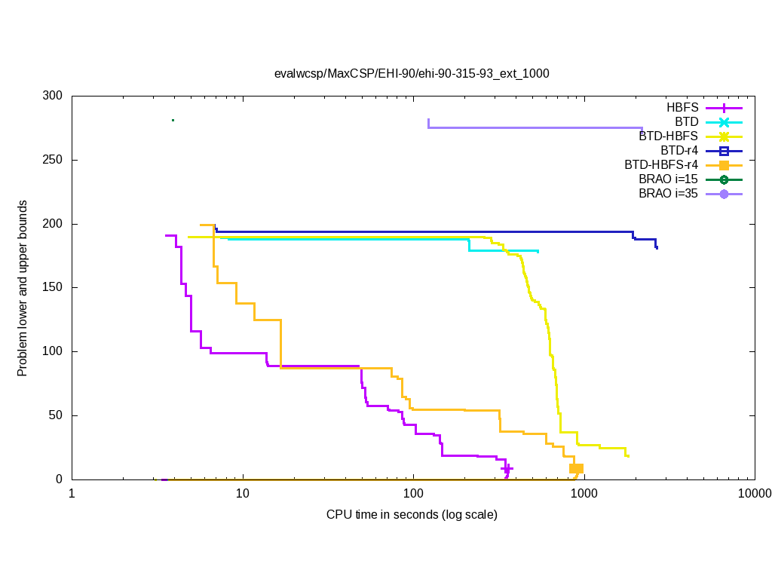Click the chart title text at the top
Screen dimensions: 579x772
click(412, 74)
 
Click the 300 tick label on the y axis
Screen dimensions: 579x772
click(53, 96)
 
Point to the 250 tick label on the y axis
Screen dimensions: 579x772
click(53, 161)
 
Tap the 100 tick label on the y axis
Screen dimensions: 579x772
click(53, 351)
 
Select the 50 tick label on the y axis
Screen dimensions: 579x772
click(56, 415)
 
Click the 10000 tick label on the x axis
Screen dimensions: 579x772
click(754, 494)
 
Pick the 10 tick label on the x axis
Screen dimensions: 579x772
click(242, 494)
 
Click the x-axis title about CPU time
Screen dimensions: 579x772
click(412, 515)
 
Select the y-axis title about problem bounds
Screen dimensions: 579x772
click(23, 288)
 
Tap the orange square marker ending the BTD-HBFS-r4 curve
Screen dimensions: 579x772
click(577, 468)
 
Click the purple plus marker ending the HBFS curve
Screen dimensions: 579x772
click(507, 469)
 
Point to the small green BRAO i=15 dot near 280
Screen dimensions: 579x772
click(173, 120)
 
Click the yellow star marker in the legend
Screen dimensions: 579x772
click(724, 136)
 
